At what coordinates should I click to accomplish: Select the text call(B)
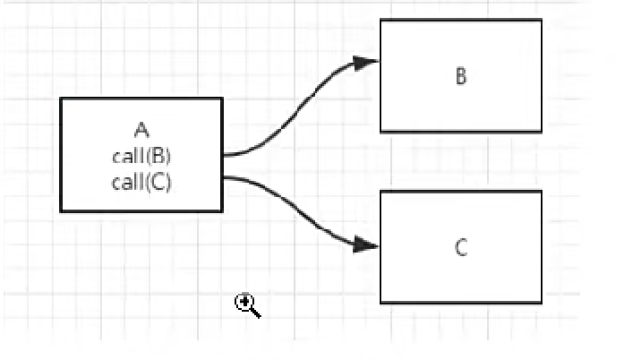click(x=141, y=158)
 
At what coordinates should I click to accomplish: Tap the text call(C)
click(x=141, y=183)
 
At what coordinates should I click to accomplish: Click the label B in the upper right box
click(x=461, y=76)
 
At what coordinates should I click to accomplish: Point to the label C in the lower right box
click(x=461, y=248)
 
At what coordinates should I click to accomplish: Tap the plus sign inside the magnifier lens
click(x=243, y=302)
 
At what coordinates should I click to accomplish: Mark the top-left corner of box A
click(x=61, y=99)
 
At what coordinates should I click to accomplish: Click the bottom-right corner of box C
click(x=542, y=304)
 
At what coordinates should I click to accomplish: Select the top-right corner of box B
click(x=542, y=21)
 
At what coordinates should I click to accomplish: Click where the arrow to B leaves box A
click(x=223, y=155)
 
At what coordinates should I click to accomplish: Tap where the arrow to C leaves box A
click(x=223, y=177)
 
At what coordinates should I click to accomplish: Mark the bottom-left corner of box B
click(x=380, y=132)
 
